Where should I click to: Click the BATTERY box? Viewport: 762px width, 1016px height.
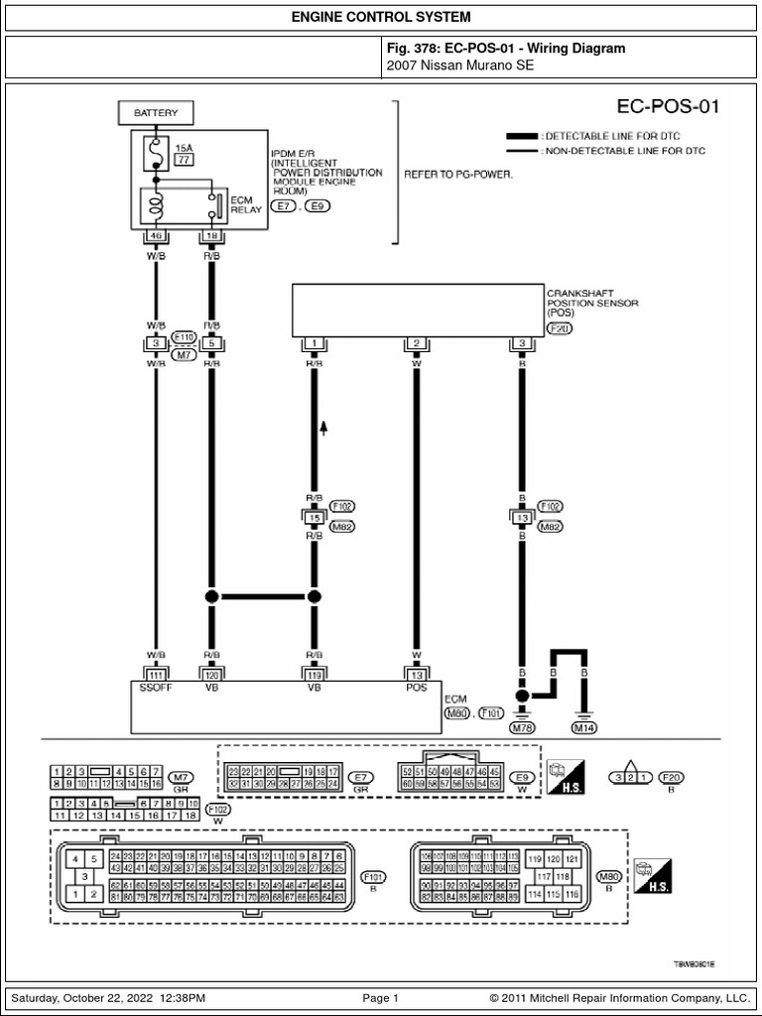[x=156, y=114]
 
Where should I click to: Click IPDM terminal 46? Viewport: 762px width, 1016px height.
[x=156, y=235]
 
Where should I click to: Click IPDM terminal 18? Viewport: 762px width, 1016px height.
[x=210, y=235]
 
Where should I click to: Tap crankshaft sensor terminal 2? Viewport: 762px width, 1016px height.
[x=417, y=343]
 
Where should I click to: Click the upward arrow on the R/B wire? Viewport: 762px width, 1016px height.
[x=323, y=429]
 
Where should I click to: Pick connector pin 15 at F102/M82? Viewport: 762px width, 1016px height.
[x=315, y=518]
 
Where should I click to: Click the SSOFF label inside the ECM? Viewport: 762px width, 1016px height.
[x=156, y=688]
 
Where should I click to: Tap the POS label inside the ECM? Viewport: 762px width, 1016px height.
[x=417, y=688]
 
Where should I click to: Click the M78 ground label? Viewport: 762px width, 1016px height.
[x=522, y=727]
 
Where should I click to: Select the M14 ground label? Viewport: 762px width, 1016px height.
[x=585, y=727]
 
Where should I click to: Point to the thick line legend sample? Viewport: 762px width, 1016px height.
[x=522, y=135]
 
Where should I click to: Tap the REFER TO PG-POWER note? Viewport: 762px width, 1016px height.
[x=457, y=173]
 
